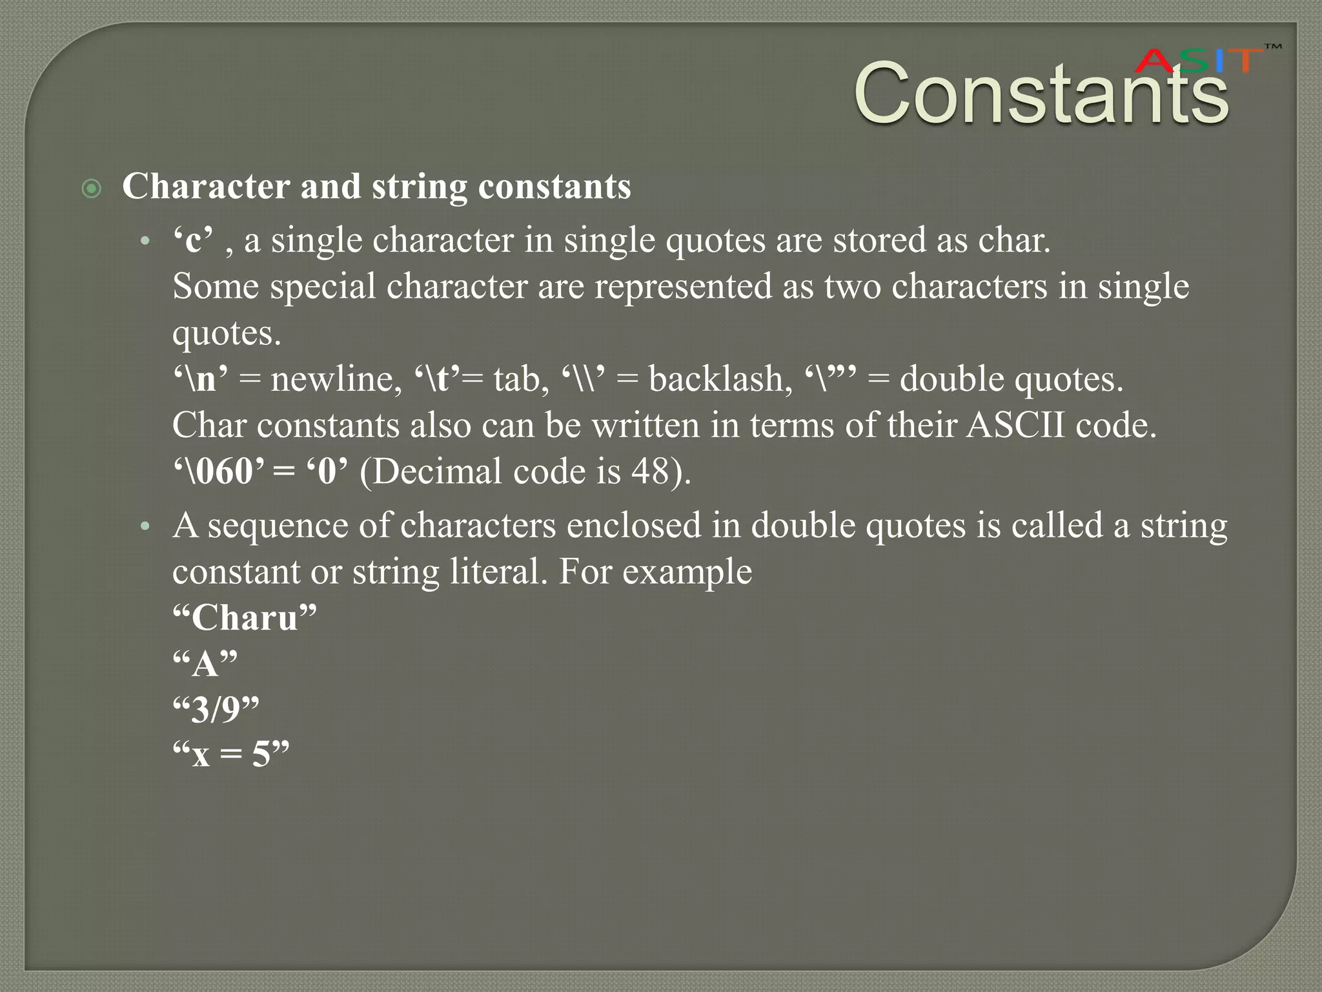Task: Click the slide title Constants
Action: (x=1041, y=94)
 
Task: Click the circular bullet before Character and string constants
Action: (x=92, y=189)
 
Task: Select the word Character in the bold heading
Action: (x=206, y=187)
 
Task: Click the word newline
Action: (x=332, y=379)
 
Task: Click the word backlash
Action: (x=720, y=379)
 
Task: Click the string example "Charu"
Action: (x=245, y=618)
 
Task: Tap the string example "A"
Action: (x=205, y=663)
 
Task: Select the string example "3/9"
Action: (x=216, y=709)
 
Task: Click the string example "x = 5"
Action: (x=230, y=754)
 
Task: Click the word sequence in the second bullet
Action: (x=278, y=526)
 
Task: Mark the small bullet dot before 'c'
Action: (x=146, y=242)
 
